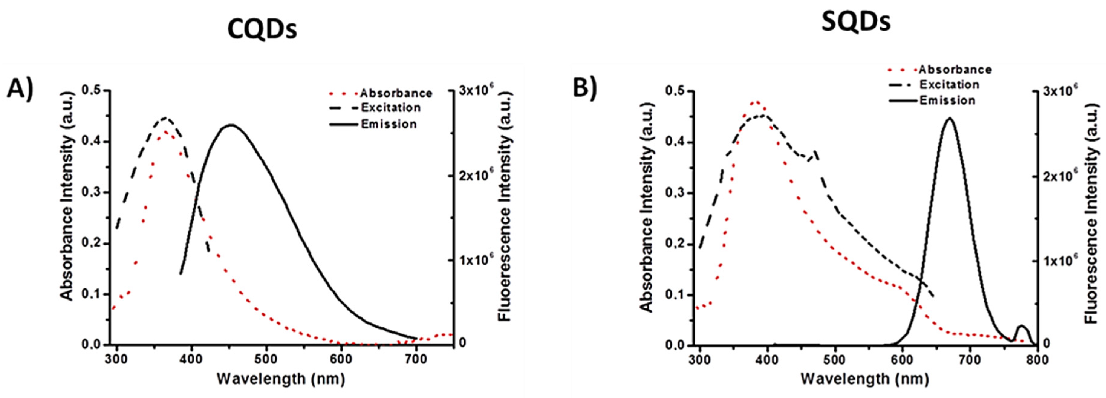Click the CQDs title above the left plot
(x=262, y=30)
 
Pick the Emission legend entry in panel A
(x=389, y=124)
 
